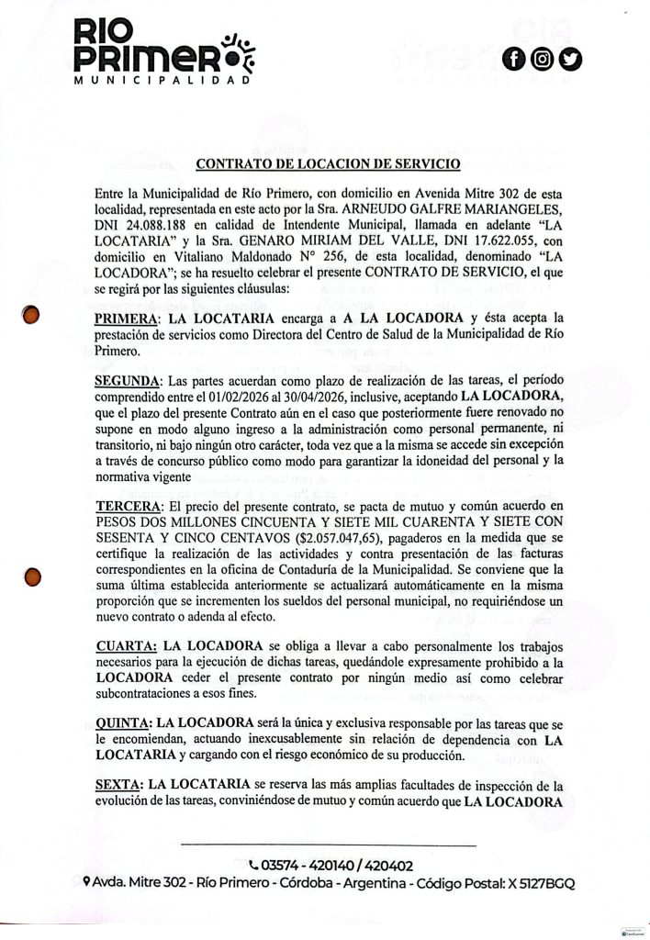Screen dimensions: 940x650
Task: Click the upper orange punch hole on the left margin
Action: point(32,315)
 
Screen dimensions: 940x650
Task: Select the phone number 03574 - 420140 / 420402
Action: point(331,865)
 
